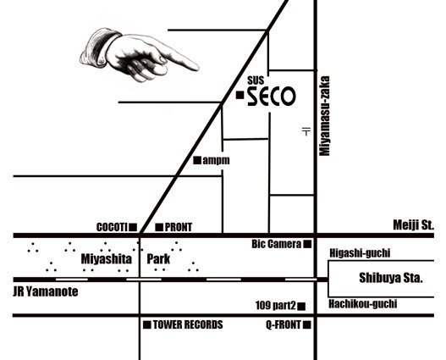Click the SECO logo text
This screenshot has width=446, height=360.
(272, 97)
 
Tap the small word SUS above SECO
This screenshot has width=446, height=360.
(256, 80)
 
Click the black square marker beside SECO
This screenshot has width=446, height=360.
(240, 96)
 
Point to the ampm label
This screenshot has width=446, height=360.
(216, 160)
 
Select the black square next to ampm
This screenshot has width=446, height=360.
(197, 160)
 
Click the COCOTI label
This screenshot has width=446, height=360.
(112, 227)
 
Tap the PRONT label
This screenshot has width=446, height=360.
(179, 227)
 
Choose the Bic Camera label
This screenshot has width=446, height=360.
(276, 244)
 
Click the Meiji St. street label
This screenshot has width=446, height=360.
(414, 225)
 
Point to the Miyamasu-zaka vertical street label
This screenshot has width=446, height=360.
(324, 116)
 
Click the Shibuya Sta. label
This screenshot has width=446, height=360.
(391, 278)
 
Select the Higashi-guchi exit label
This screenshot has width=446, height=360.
(360, 253)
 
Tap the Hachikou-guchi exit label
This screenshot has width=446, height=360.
(363, 304)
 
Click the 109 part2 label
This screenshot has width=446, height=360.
(276, 306)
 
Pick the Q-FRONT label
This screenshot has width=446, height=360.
(284, 324)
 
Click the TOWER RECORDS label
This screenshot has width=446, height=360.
(188, 324)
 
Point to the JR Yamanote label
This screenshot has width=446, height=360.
(46, 292)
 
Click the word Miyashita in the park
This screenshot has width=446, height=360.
(107, 259)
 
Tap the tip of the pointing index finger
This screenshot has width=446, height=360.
(198, 68)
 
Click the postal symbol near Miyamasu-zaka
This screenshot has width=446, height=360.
(306, 131)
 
